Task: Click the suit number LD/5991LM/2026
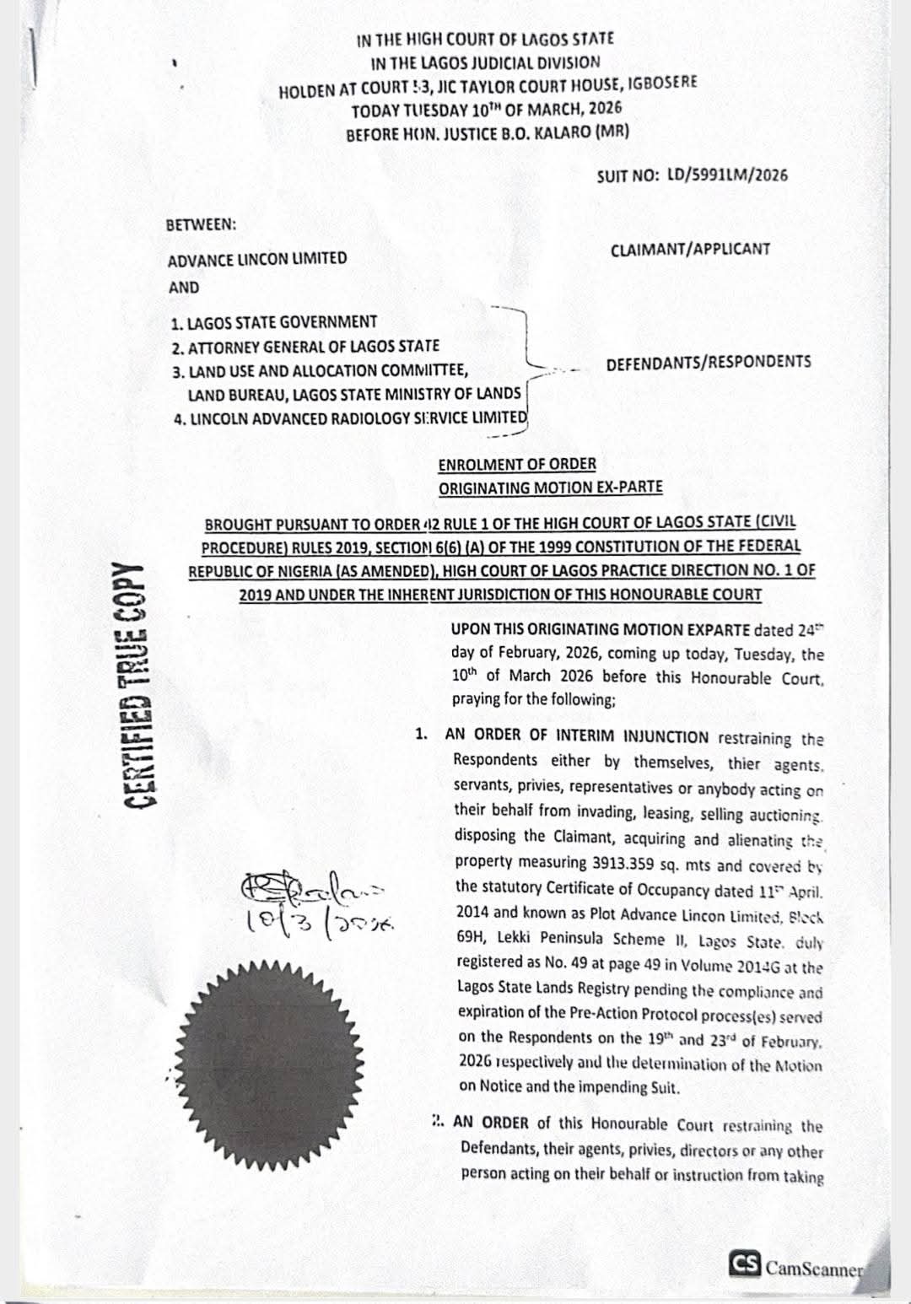tap(727, 175)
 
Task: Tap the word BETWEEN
tap(202, 225)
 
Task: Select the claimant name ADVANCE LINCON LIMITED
tap(257, 259)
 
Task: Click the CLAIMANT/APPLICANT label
tap(690, 250)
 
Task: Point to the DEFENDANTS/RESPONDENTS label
tap(709, 363)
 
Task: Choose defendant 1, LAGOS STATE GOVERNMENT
tap(274, 322)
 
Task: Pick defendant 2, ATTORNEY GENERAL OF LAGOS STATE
tap(305, 346)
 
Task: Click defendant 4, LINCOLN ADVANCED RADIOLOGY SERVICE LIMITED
tap(349, 418)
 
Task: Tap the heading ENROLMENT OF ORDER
tap(517, 464)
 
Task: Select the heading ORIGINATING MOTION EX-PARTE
tap(550, 488)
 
